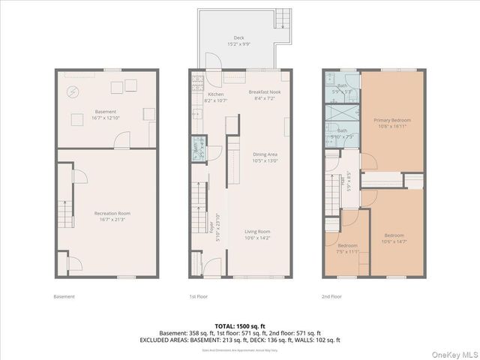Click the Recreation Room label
pyautogui.click(x=109, y=213)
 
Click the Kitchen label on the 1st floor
pyautogui.click(x=216, y=94)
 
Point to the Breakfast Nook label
pyautogui.click(x=264, y=92)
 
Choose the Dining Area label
pyautogui.click(x=265, y=154)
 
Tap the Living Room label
pyautogui.click(x=257, y=232)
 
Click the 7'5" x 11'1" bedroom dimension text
pyautogui.click(x=347, y=251)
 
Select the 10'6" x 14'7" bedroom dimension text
pyautogui.click(x=394, y=241)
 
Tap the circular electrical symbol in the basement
pyautogui.click(x=73, y=92)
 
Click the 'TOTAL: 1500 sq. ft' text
pyautogui.click(x=239, y=326)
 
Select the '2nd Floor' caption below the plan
pyautogui.click(x=331, y=296)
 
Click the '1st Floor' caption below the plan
pyautogui.click(x=198, y=296)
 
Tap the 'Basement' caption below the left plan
pyautogui.click(x=64, y=296)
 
